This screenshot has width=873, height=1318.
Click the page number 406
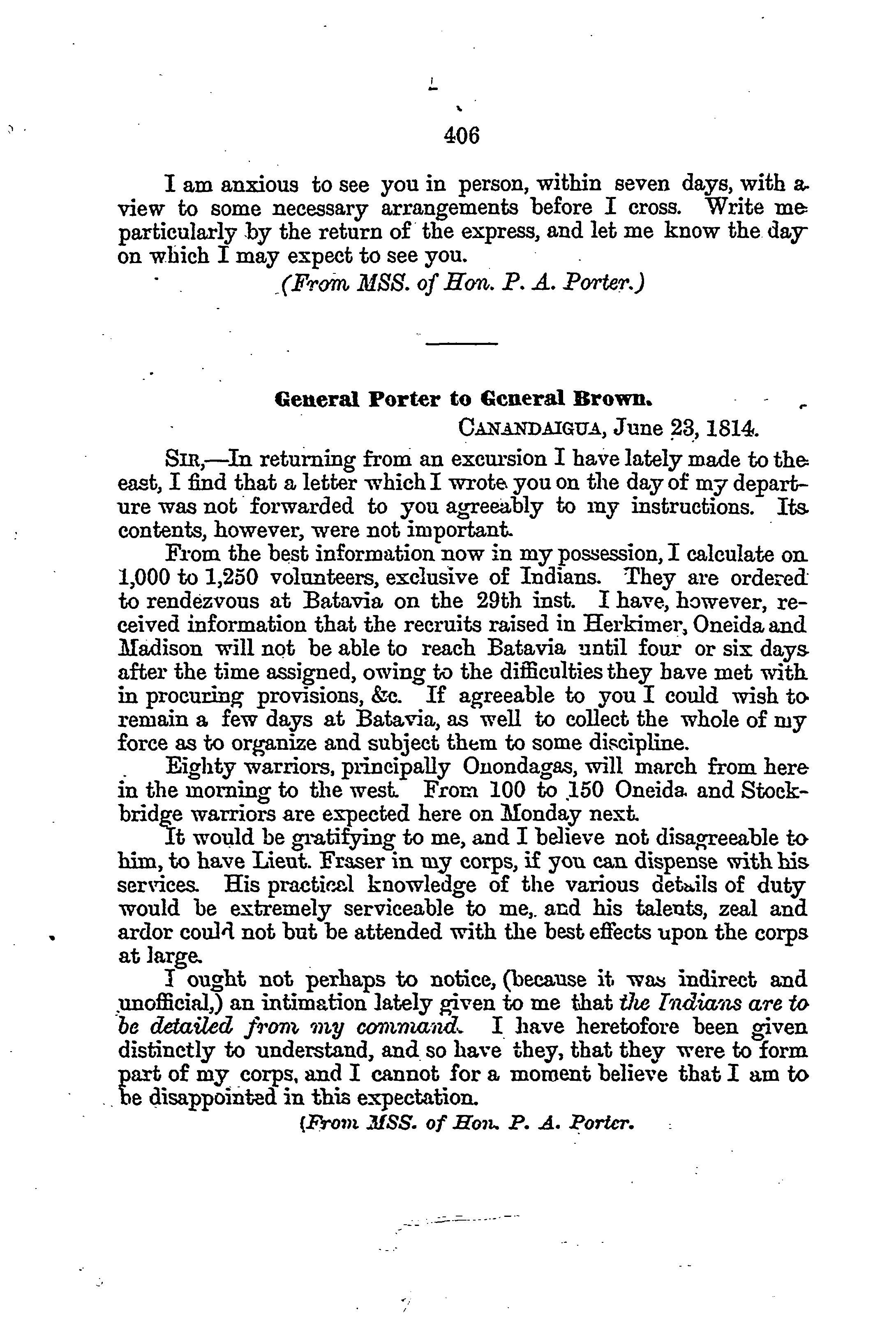pyautogui.click(x=462, y=135)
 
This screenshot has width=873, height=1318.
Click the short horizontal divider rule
pyautogui.click(x=461, y=344)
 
